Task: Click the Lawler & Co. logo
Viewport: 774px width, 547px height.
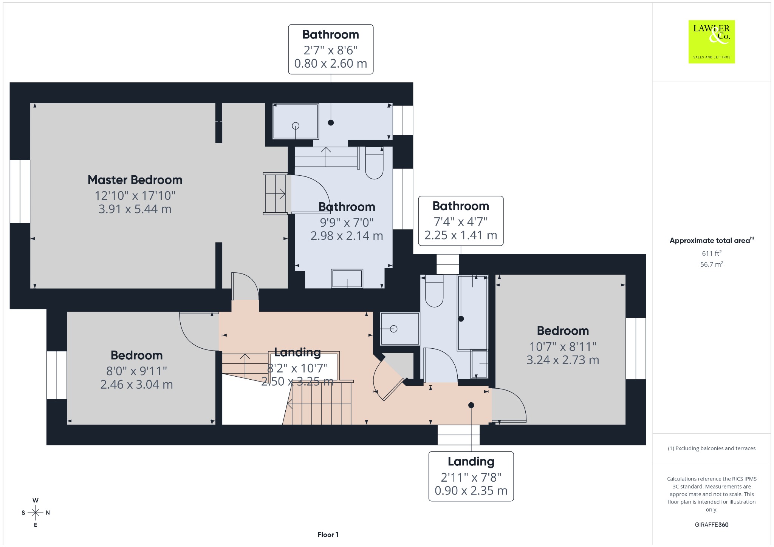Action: [x=711, y=42]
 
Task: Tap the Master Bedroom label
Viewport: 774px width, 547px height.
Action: [x=135, y=180]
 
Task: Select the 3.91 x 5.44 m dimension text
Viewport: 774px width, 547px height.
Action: [x=135, y=209]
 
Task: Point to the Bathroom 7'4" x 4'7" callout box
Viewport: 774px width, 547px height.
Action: [x=461, y=221]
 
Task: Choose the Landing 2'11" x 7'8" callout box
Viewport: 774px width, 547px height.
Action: [x=471, y=476]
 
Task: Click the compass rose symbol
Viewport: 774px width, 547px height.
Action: [x=36, y=513]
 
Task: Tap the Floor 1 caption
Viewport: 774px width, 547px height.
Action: [x=328, y=535]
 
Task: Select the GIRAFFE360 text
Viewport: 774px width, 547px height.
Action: [x=712, y=524]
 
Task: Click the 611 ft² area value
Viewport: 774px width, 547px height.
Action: [x=712, y=253]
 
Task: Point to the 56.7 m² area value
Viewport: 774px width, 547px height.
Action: [x=712, y=264]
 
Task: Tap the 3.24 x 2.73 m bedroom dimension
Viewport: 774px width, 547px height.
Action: [x=563, y=360]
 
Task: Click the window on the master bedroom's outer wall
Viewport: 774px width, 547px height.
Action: [x=20, y=192]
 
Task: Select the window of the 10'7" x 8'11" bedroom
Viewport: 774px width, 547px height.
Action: [x=636, y=348]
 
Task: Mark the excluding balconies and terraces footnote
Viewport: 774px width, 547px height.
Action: [x=712, y=448]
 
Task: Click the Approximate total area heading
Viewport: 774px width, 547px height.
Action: [x=712, y=240]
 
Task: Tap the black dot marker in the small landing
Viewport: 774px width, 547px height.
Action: [x=471, y=405]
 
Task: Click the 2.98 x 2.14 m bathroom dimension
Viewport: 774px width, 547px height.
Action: [x=347, y=236]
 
